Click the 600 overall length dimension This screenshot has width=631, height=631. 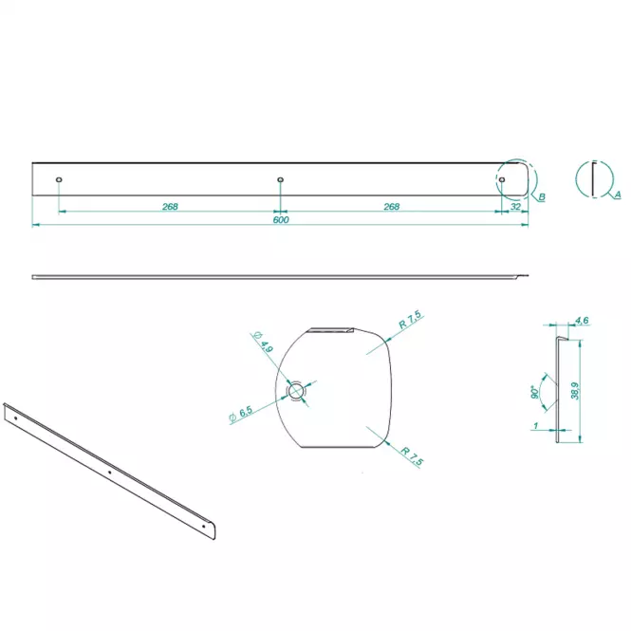pos(281,220)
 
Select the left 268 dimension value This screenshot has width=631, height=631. pos(170,207)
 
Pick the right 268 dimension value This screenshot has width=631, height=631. pos(391,207)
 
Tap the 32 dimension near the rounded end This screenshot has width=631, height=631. pos(515,207)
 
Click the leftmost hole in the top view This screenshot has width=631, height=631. pos(59,179)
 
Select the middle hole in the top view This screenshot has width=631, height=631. pos(281,179)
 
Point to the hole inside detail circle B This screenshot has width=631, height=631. pos(501,179)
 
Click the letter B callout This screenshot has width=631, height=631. pos(542,196)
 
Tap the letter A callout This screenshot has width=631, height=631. pos(618,195)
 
